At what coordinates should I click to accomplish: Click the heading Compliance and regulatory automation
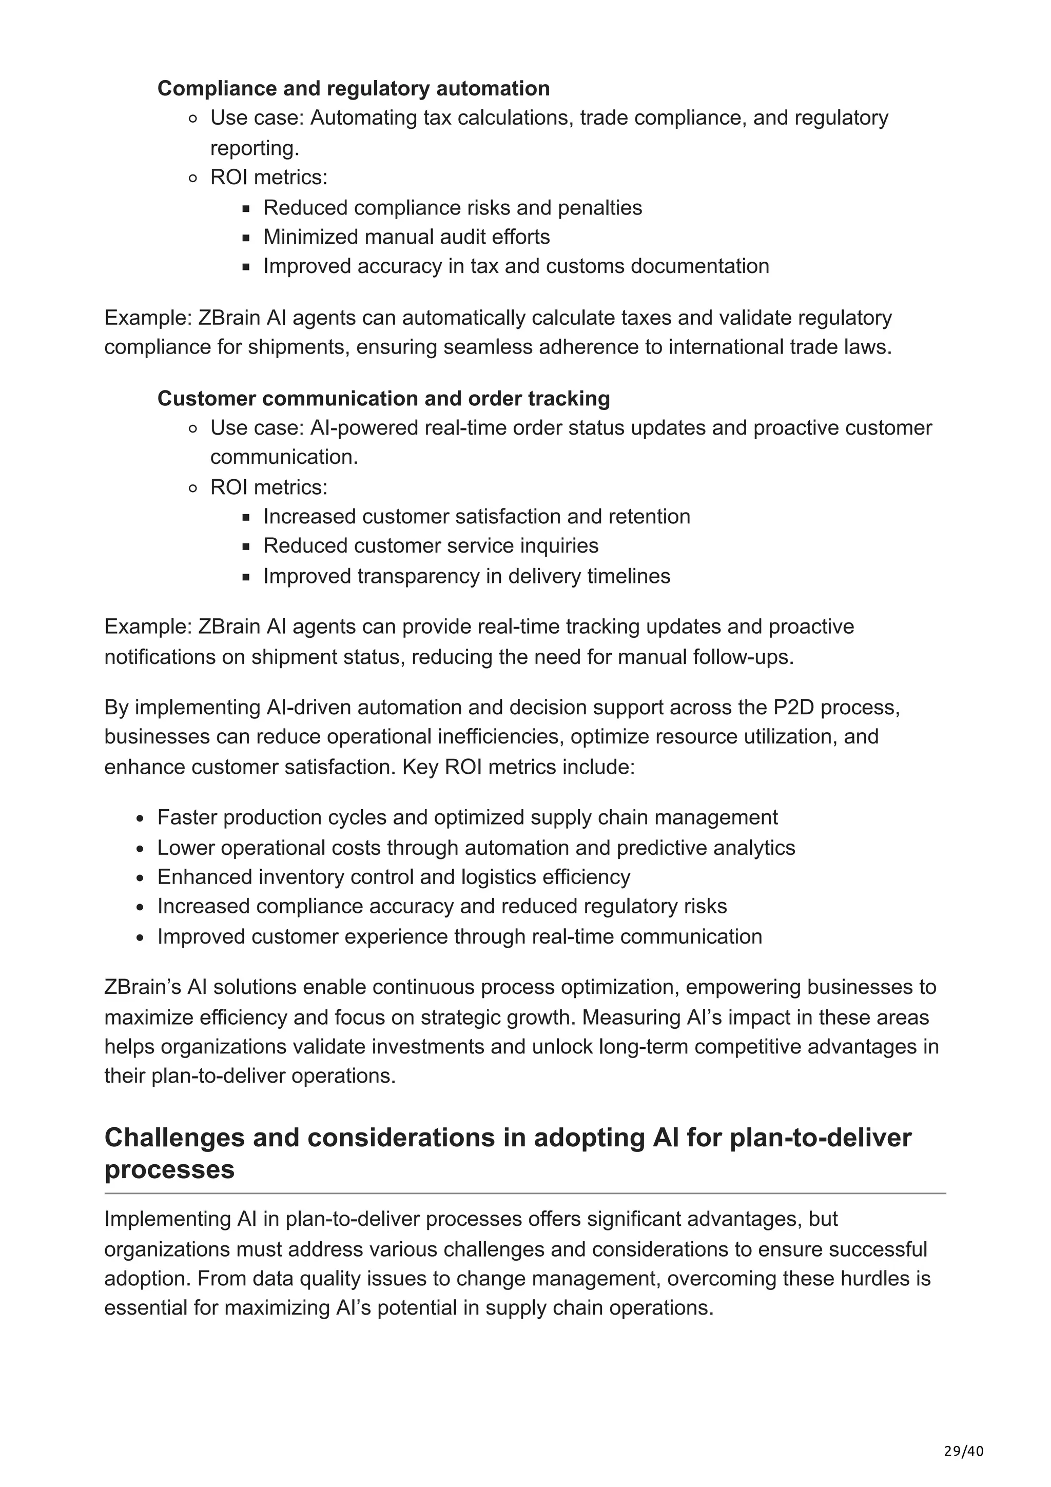click(354, 88)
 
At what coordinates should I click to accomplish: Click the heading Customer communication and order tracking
click(383, 398)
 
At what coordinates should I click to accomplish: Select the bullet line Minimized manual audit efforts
click(406, 237)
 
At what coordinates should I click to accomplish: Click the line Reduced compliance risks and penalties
click(452, 208)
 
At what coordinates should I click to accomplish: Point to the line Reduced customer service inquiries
click(431, 546)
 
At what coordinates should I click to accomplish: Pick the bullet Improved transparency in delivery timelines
click(466, 576)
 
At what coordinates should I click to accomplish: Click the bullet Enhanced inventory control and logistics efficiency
click(393, 877)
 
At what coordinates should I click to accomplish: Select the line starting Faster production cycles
click(467, 817)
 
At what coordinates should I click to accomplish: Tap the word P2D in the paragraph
click(794, 707)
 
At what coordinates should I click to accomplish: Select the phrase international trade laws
click(780, 348)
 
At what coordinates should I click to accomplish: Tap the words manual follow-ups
click(705, 657)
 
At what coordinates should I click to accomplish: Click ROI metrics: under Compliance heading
click(269, 178)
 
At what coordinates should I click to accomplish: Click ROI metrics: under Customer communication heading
click(269, 487)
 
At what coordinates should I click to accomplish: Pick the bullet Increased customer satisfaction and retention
click(477, 517)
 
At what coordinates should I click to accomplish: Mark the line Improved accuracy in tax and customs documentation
click(516, 266)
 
